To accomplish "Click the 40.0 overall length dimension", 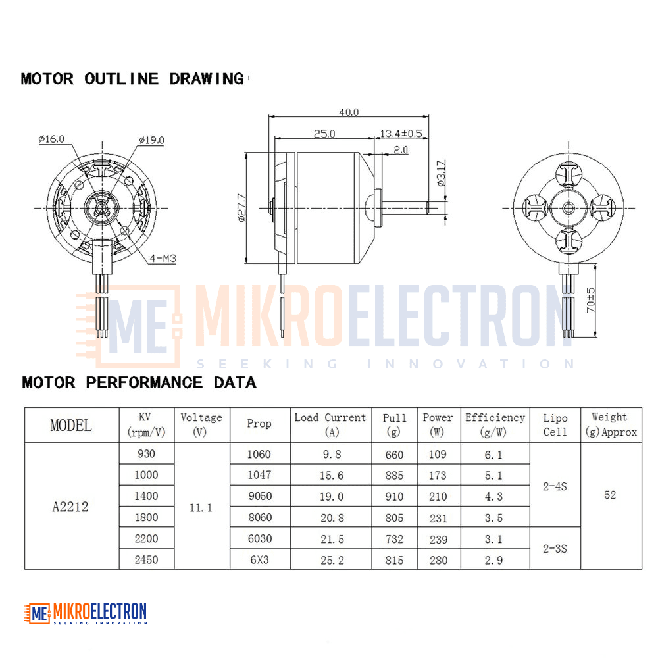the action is coord(349,112).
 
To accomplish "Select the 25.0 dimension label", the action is coord(324,134).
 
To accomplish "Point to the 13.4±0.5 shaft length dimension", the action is coord(401,134).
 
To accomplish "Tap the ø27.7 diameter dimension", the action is coord(241,208).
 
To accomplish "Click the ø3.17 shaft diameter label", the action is coord(441,173).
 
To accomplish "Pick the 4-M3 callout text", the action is coord(163,258).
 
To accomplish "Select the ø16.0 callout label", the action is coord(51,139).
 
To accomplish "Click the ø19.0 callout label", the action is coord(151,140).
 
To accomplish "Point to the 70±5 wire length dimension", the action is coord(590,299).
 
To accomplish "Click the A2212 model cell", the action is coord(70,507).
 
